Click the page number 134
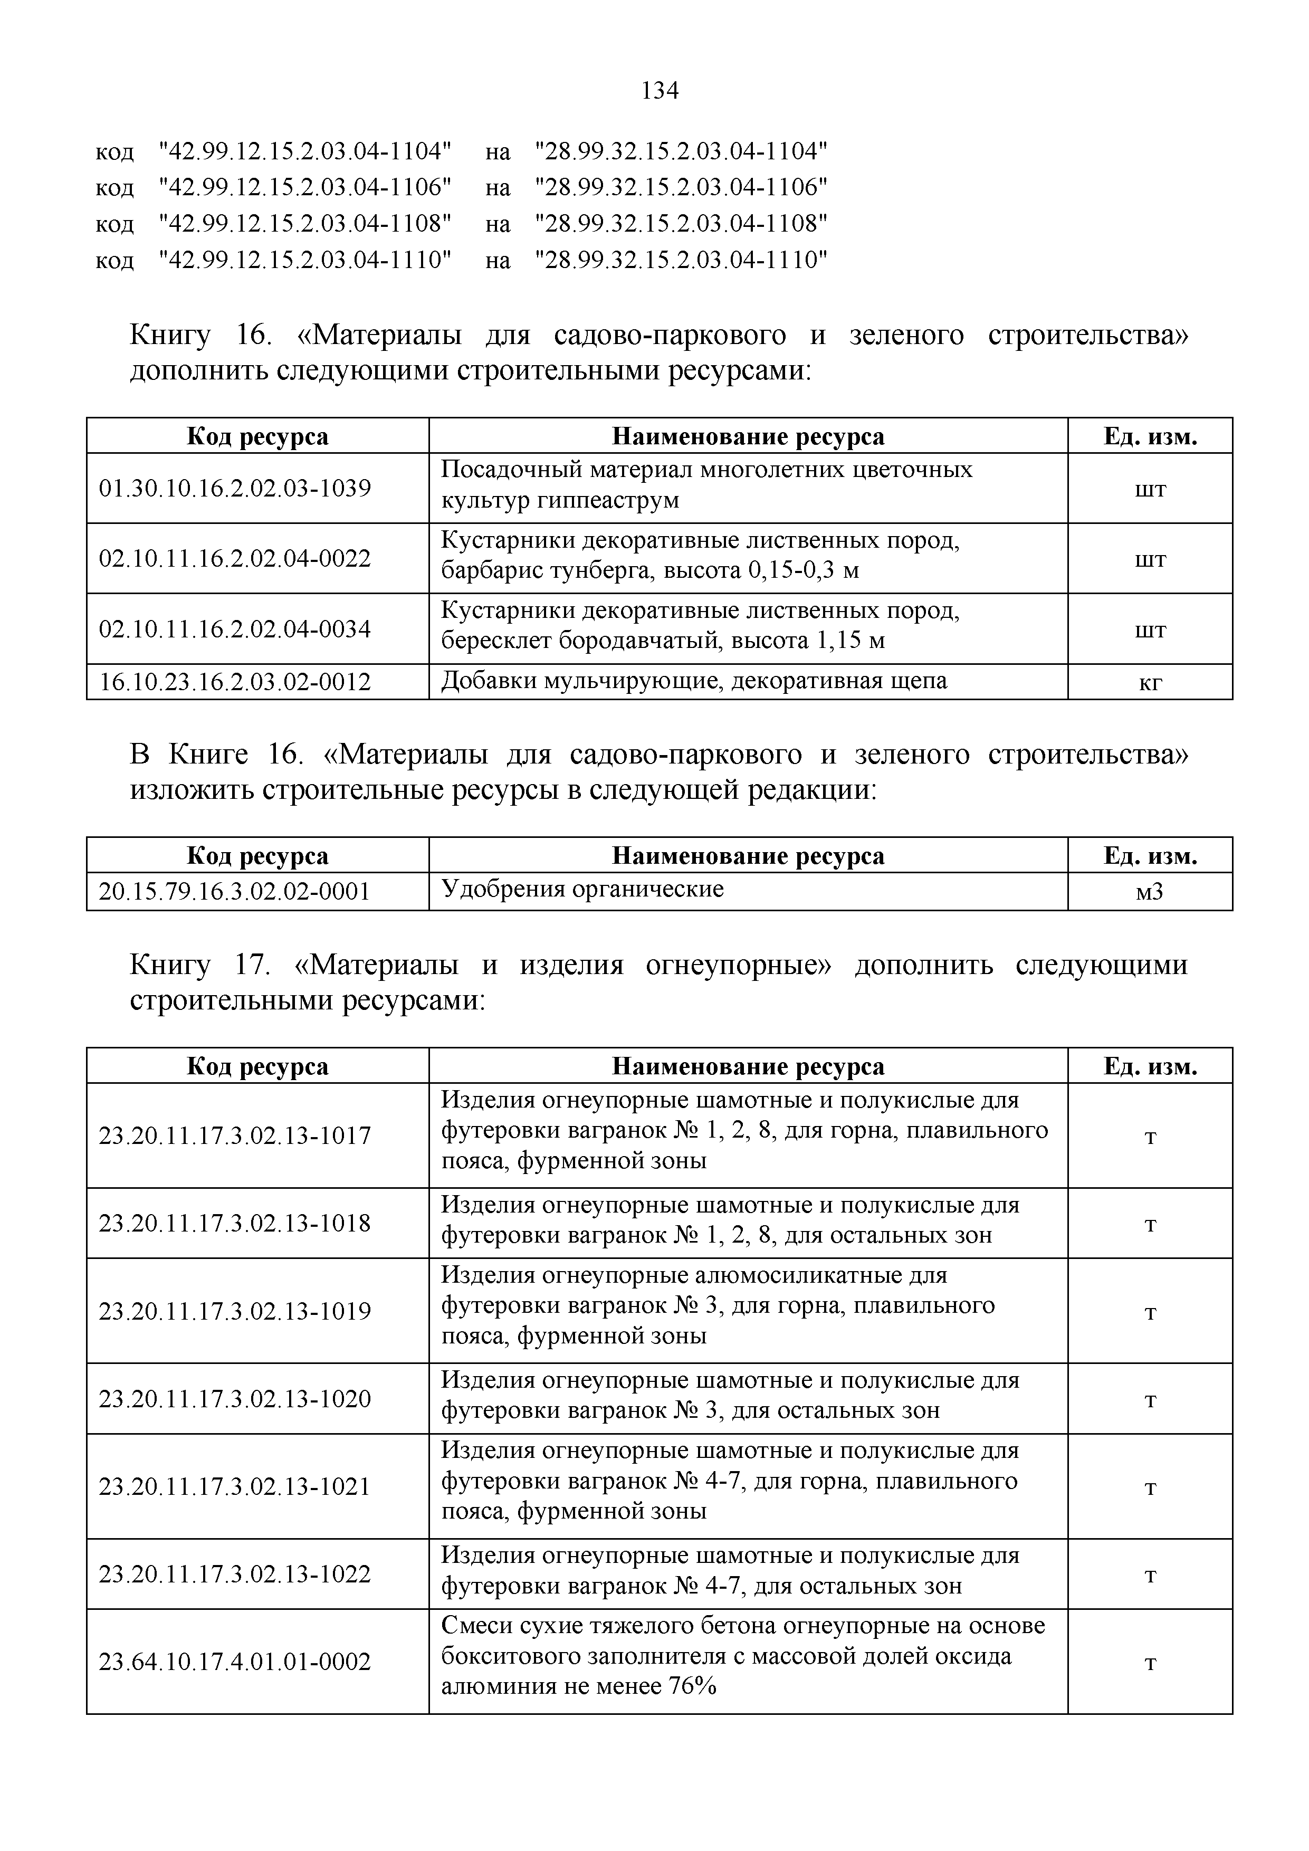click(660, 91)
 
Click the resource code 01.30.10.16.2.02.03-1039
click(235, 488)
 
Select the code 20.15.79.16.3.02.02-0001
click(235, 892)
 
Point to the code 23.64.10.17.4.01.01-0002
click(235, 1662)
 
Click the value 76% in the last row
click(692, 1686)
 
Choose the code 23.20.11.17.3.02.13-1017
click(235, 1136)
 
